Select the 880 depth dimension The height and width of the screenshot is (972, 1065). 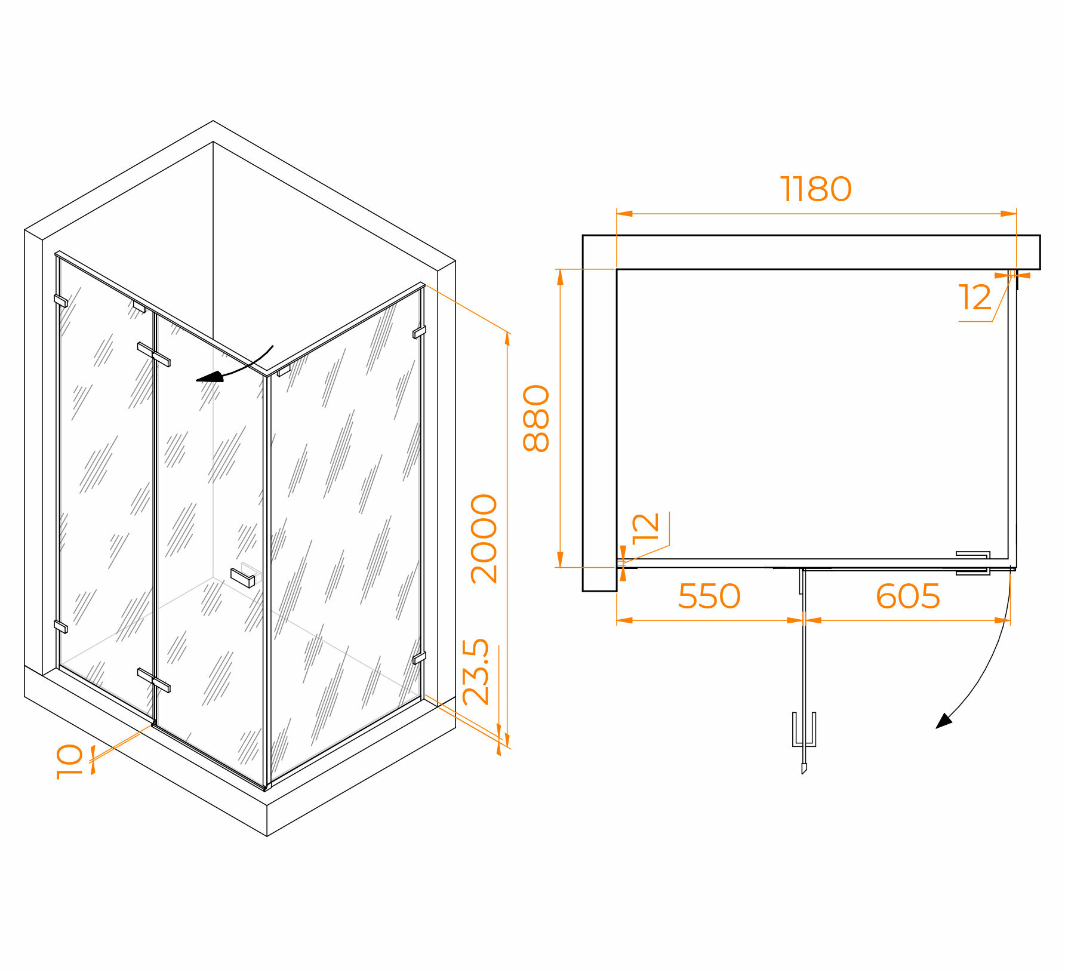coord(535,418)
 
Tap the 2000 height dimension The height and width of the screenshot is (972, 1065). coord(484,538)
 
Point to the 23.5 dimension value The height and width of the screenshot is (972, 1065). coord(476,672)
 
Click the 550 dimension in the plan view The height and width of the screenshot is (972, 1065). coord(709,596)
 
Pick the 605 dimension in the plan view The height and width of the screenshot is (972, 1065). coord(907,596)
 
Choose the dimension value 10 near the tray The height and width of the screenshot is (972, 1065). coord(69,761)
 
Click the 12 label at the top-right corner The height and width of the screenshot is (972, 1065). coord(974,297)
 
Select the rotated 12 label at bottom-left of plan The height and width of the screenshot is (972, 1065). coord(645,527)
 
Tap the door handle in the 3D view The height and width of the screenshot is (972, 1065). coord(242,577)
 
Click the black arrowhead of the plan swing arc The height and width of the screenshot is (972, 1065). coord(943,721)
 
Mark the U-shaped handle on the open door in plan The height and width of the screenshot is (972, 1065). coord(804,730)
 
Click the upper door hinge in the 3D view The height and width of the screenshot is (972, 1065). coord(154,354)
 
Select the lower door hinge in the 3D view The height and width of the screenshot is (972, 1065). coord(154,681)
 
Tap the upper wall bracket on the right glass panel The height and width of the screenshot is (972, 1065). coord(419,332)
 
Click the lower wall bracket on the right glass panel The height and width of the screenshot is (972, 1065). coord(419,658)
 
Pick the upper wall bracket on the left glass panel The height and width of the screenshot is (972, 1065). coord(60,300)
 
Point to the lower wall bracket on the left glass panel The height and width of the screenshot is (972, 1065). coord(60,626)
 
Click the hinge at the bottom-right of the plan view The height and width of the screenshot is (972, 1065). coord(972,563)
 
